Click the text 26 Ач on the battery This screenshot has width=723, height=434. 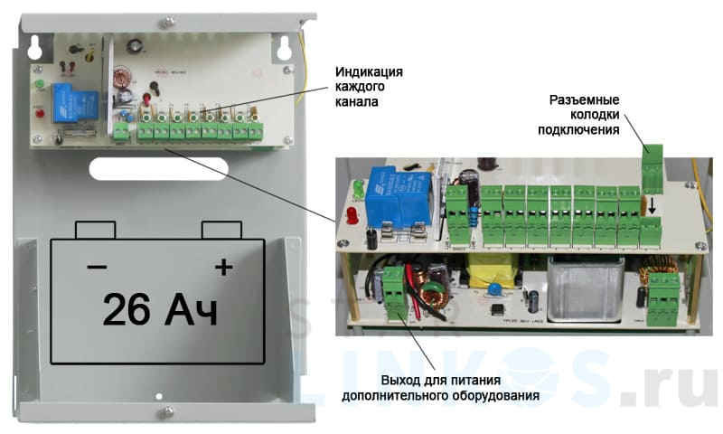coord(161,308)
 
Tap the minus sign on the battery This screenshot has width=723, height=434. coord(96,268)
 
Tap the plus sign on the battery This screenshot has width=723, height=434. coord(222,267)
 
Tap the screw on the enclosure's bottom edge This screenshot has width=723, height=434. coord(169,412)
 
